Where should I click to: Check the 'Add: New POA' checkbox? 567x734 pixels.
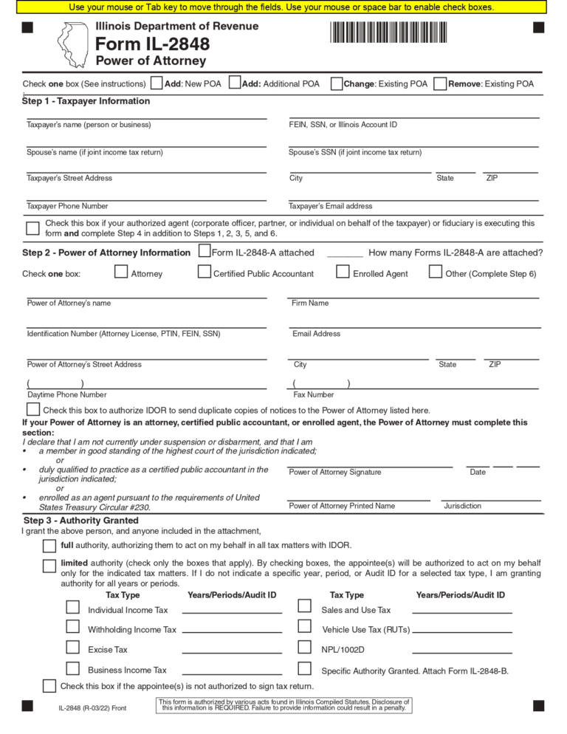157,83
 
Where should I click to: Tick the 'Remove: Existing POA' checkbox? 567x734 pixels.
440,83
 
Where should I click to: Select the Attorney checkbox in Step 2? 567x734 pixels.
121,272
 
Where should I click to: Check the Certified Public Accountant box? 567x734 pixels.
205,272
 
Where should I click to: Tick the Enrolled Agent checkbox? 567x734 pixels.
343,272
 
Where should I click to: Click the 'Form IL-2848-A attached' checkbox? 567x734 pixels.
205,251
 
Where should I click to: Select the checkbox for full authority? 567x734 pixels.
49,546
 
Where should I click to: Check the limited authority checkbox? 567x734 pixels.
49,566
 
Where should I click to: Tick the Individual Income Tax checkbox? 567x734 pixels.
73,607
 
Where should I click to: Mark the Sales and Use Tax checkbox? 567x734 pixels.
304,606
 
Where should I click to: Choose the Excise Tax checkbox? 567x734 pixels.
73,647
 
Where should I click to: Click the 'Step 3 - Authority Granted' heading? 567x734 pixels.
80,521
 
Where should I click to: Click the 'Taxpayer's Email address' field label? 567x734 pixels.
331,206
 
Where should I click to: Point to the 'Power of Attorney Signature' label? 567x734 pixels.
335,472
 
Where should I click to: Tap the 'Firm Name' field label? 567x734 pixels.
310,303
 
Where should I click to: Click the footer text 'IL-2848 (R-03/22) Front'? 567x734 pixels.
93,708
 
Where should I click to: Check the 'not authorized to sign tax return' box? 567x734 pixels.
49,686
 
